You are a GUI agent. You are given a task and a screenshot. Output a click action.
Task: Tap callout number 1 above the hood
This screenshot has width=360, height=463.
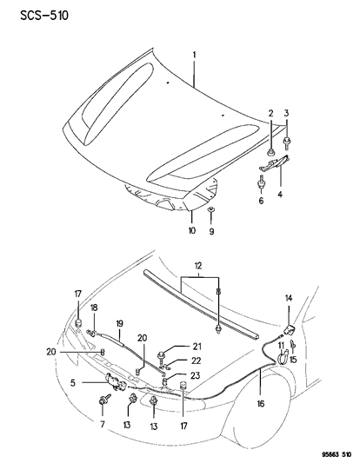[x=194, y=55]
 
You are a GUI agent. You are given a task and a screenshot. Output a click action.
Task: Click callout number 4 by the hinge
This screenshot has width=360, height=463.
[x=280, y=196]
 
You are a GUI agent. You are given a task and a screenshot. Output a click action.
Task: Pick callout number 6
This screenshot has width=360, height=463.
[x=260, y=202]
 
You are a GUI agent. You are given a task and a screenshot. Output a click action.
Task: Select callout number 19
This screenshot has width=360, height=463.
[x=118, y=321]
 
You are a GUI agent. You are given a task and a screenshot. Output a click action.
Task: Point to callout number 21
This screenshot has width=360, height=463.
[x=197, y=347]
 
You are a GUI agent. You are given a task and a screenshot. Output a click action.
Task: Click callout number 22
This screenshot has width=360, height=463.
[x=197, y=361]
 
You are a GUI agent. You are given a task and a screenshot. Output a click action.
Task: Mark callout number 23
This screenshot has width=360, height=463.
[x=197, y=374]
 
